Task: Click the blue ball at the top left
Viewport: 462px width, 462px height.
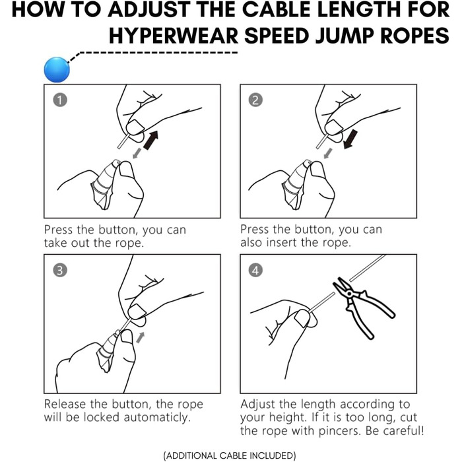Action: pos(57,69)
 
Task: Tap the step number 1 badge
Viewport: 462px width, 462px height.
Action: pos(60,100)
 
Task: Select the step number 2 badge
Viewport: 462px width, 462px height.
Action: pos(256,100)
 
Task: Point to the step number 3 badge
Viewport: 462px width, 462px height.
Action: pos(60,270)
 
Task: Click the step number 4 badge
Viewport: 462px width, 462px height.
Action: pos(256,270)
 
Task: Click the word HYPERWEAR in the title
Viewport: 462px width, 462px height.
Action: pos(175,36)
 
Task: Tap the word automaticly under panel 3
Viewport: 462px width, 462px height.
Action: pos(158,417)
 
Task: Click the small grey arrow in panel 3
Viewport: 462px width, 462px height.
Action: pos(140,337)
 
